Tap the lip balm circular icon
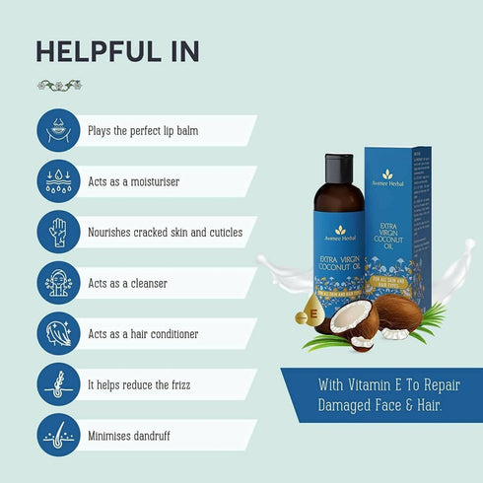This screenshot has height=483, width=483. (58, 130)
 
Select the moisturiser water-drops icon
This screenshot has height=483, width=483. (58, 181)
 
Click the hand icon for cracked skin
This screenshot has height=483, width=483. (58, 233)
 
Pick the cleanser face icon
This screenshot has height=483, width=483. (58, 283)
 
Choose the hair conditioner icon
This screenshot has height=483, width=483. (58, 334)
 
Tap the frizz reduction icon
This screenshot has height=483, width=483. (58, 384)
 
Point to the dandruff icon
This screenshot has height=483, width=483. (58, 436)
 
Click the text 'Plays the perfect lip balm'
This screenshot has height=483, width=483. (151, 130)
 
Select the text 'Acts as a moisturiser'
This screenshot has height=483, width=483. (134, 181)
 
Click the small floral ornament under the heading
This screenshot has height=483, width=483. (57, 87)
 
